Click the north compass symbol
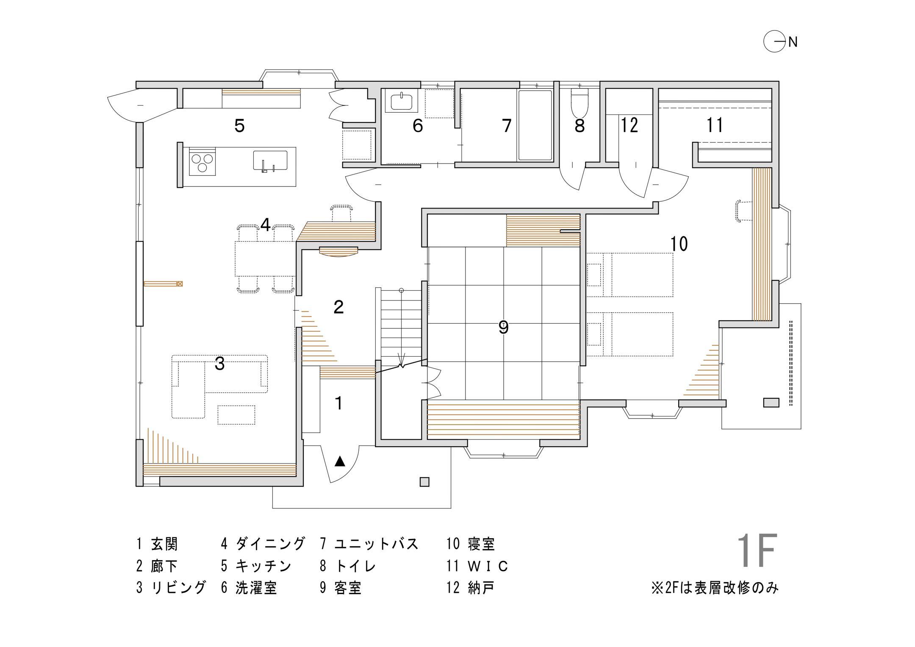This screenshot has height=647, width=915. point(774,42)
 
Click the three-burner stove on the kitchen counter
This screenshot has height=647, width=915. point(202,162)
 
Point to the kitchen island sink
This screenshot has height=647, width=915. point(270,161)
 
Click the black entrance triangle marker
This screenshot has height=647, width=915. point(340,461)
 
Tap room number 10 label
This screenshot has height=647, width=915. point(679,244)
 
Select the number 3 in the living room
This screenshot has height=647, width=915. point(219,364)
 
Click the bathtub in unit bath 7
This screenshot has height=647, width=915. point(535,125)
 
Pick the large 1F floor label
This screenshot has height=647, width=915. point(757,550)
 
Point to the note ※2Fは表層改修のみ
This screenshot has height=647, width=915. point(715,588)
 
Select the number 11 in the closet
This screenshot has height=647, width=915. point(715,125)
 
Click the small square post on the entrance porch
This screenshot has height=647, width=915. point(424,482)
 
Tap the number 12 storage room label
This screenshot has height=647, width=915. point(629,125)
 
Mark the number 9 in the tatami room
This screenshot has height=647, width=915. point(503,328)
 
